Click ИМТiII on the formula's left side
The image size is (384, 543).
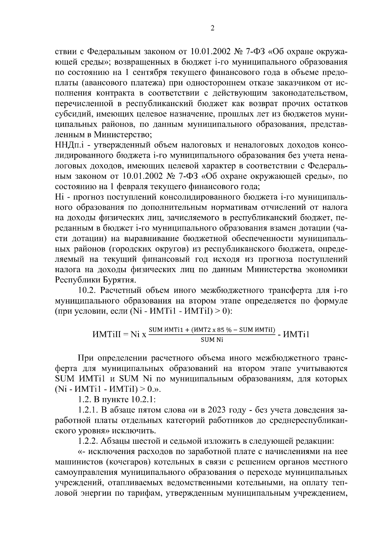tap(106, 334)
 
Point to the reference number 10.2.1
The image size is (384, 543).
tap(143, 400)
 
